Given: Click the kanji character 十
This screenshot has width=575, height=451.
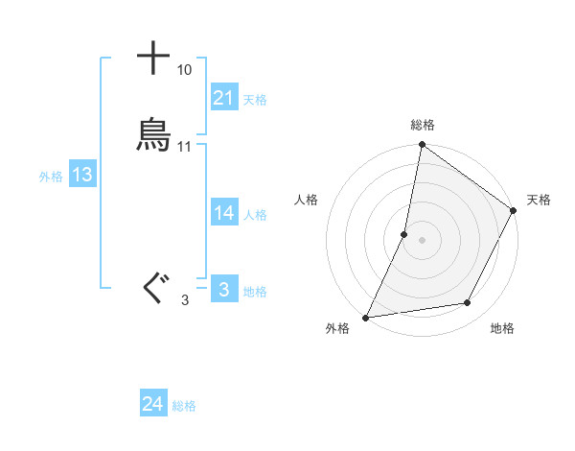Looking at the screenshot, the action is pyautogui.click(x=153, y=59).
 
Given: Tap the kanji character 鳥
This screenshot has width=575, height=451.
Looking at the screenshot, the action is pyautogui.click(x=153, y=135).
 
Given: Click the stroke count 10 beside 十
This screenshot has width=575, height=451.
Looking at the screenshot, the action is pyautogui.click(x=184, y=70).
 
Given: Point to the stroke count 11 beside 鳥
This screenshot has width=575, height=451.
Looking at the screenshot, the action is pyautogui.click(x=184, y=147).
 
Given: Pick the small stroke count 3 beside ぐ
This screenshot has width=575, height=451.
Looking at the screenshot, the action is pyautogui.click(x=184, y=300).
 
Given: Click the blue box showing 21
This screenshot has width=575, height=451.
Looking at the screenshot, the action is pyautogui.click(x=224, y=98).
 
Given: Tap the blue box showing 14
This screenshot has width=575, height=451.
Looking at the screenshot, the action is pyautogui.click(x=224, y=213).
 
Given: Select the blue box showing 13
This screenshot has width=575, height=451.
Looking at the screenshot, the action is pyautogui.click(x=82, y=175).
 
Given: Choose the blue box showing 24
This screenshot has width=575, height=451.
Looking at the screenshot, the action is pyautogui.click(x=153, y=405).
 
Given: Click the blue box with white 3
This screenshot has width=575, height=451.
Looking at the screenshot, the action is pyautogui.click(x=224, y=290).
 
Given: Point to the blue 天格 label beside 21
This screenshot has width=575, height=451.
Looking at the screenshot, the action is pyautogui.click(x=255, y=100).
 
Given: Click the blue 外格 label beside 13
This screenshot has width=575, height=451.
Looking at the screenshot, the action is pyautogui.click(x=51, y=177).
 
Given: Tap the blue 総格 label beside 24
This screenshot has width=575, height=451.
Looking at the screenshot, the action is pyautogui.click(x=184, y=407).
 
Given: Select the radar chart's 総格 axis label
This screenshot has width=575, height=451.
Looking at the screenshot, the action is pyautogui.click(x=423, y=126).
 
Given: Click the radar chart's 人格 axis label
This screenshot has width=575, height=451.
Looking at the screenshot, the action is pyautogui.click(x=307, y=200).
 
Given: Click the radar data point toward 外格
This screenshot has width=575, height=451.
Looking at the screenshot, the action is pyautogui.click(x=366, y=318).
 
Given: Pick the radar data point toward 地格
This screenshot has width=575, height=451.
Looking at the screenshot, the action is pyautogui.click(x=468, y=303).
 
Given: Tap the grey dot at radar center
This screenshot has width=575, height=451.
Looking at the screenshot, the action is pyautogui.click(x=423, y=240).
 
